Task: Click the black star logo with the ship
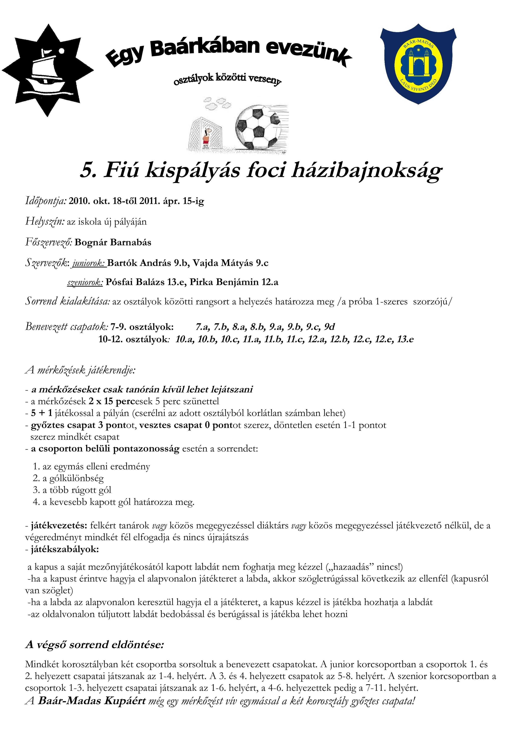click(x=47, y=70)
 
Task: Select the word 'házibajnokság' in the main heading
click(x=366, y=170)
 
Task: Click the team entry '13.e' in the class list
click(x=405, y=339)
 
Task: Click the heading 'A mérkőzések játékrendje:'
click(x=80, y=370)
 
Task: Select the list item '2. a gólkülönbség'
click(x=68, y=479)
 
